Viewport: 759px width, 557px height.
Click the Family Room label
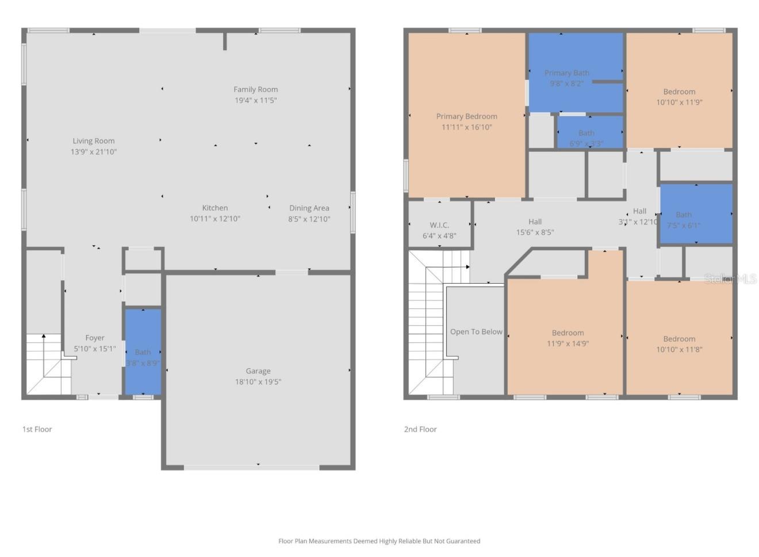pyautogui.click(x=255, y=89)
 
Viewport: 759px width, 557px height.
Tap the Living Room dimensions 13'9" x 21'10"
pyautogui.click(x=93, y=152)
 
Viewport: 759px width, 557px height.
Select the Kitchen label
pyautogui.click(x=214, y=208)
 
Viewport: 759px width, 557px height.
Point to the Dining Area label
pyautogui.click(x=309, y=208)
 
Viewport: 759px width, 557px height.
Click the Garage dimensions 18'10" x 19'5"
pyautogui.click(x=258, y=381)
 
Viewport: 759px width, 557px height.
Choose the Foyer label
pyautogui.click(x=95, y=338)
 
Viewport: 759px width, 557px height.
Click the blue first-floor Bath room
pyautogui.click(x=143, y=352)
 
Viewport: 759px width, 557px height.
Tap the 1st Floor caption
pyautogui.click(x=37, y=429)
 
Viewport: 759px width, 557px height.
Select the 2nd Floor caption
pyautogui.click(x=420, y=429)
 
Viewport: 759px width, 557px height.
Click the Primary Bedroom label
pyautogui.click(x=466, y=116)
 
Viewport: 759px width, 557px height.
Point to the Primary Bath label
pyautogui.click(x=566, y=73)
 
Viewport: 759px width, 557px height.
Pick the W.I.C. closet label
pyautogui.click(x=439, y=225)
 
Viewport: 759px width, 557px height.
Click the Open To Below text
pyautogui.click(x=476, y=331)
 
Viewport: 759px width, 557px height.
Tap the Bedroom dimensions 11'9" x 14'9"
pyautogui.click(x=568, y=344)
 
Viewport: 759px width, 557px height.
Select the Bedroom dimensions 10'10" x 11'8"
pyautogui.click(x=679, y=349)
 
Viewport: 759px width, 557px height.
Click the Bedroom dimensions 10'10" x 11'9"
pyautogui.click(x=679, y=102)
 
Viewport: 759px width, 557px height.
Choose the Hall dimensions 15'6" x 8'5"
pyautogui.click(x=535, y=232)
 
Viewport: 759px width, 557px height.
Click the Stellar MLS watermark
pyautogui.click(x=730, y=279)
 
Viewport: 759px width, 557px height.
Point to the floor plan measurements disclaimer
pyautogui.click(x=379, y=541)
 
